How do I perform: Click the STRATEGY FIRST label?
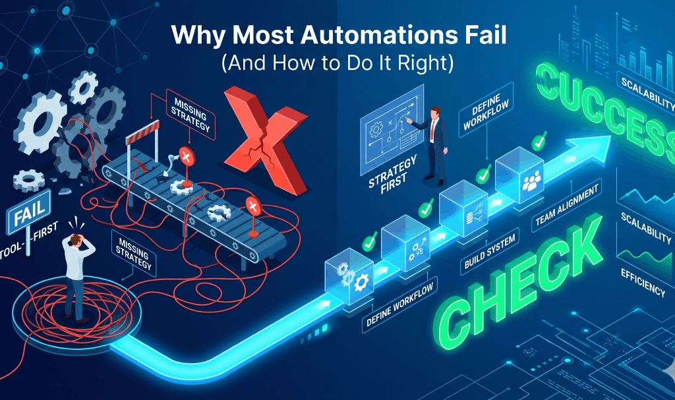388,176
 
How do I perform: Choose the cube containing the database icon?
464,204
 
